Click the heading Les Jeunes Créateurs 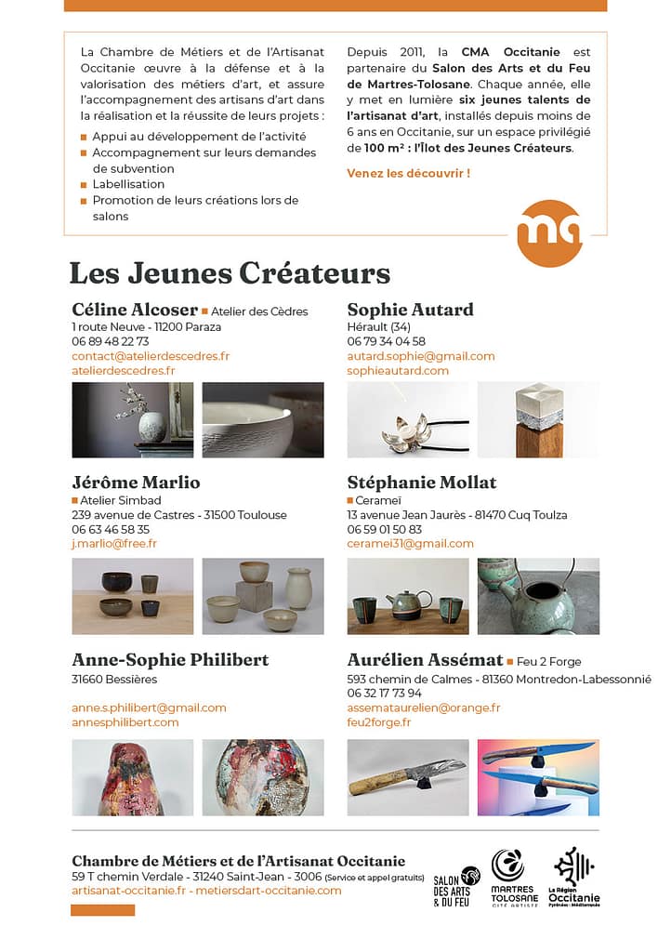tap(230, 273)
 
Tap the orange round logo tap(551, 232)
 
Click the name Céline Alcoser tap(135, 310)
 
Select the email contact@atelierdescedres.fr tap(151, 356)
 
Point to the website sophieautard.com tap(398, 371)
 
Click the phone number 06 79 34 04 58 tap(387, 341)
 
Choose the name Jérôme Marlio tap(136, 483)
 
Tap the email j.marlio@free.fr tap(114, 544)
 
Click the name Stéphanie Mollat tap(422, 483)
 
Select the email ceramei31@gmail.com tap(410, 544)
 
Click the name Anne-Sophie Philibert tap(170, 660)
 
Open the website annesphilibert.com tap(125, 722)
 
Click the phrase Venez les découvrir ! tap(408, 173)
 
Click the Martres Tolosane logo tap(514, 878)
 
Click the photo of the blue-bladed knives tap(538, 777)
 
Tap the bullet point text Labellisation tap(128, 184)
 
